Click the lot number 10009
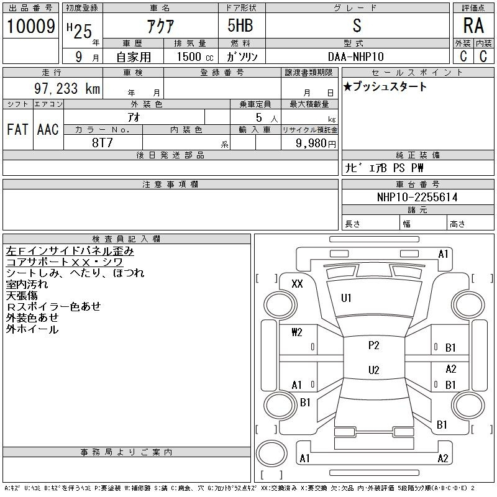point(30,26)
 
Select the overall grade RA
point(473,25)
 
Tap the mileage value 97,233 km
point(67,88)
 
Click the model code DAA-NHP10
point(355,57)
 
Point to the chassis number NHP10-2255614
point(417,197)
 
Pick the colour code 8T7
point(102,143)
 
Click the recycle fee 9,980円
point(316,143)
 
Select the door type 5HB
point(240,25)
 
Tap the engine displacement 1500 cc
point(194,57)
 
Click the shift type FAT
point(17,129)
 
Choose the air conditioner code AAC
point(48,129)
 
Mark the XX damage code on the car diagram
point(297,283)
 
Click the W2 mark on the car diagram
point(297,332)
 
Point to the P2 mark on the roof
point(374,345)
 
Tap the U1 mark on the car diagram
point(346,298)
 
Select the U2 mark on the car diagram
point(374,370)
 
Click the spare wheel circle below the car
point(271,454)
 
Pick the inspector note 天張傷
point(22,296)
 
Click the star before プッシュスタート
point(348,86)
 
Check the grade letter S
point(357,25)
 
